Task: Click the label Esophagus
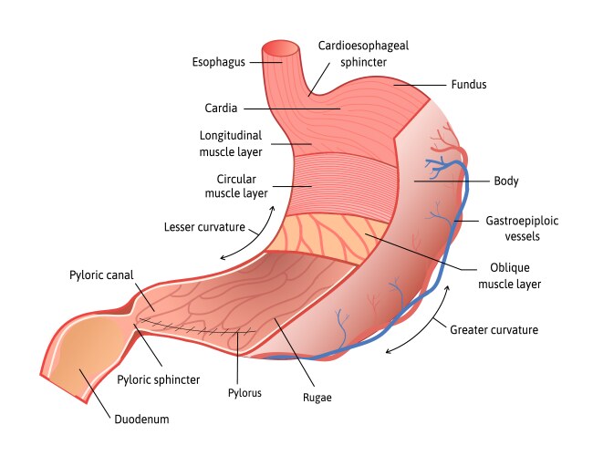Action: click(218, 62)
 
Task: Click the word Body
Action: click(506, 181)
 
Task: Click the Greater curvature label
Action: click(494, 329)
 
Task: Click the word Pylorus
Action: click(244, 393)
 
